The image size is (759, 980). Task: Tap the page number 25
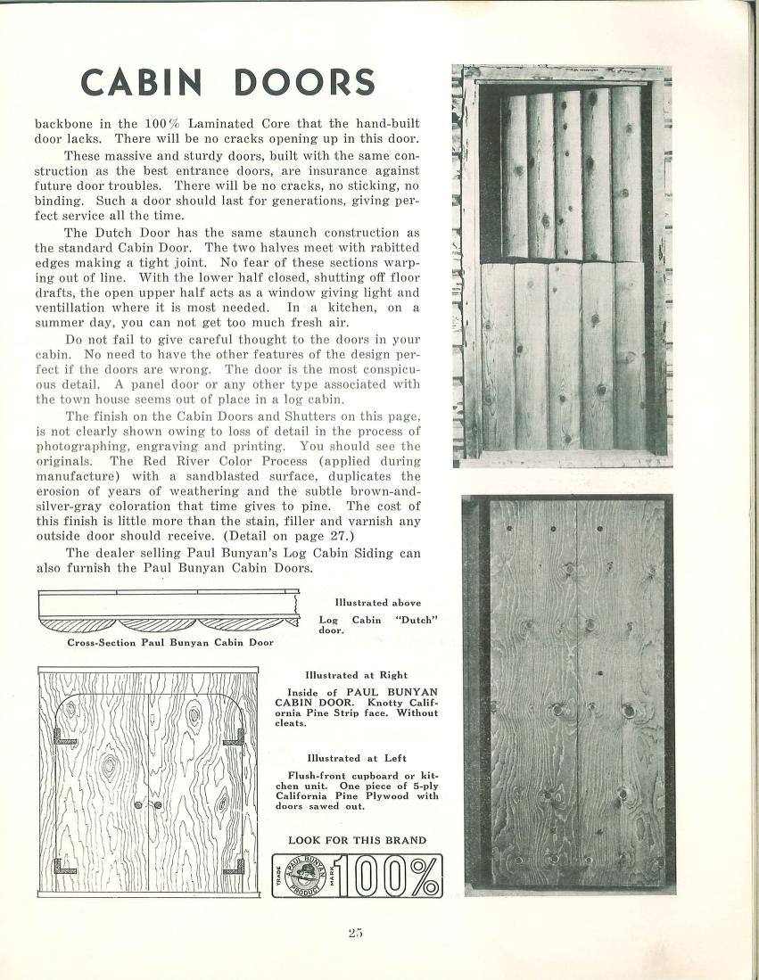(357, 933)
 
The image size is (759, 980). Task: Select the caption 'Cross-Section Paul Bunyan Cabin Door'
(170, 641)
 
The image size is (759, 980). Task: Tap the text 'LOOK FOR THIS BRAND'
(357, 840)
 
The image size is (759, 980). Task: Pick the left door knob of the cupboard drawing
(139, 805)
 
